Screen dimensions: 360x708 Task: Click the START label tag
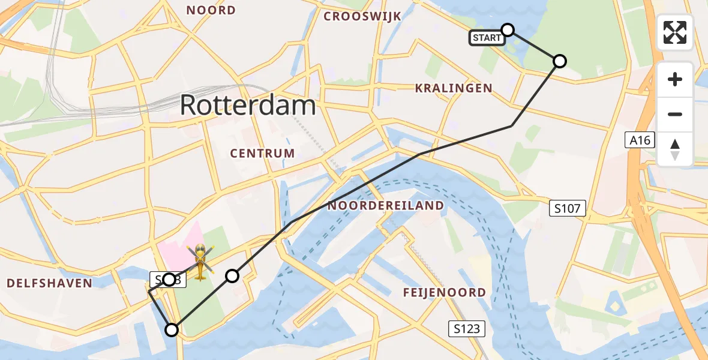pyautogui.click(x=487, y=38)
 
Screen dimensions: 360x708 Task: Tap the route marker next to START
pyautogui.click(x=508, y=29)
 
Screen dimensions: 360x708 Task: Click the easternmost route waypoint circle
pyautogui.click(x=559, y=61)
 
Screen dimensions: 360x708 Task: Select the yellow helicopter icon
pyautogui.click(x=200, y=262)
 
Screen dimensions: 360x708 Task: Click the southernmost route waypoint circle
pyautogui.click(x=172, y=329)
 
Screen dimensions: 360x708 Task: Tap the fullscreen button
pyautogui.click(x=675, y=32)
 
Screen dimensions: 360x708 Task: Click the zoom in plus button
pyautogui.click(x=675, y=79)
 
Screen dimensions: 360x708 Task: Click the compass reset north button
pyautogui.click(x=675, y=149)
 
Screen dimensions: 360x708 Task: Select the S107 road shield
pyautogui.click(x=567, y=209)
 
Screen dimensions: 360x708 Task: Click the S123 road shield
pyautogui.click(x=466, y=328)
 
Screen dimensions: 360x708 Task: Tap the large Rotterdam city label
pyautogui.click(x=248, y=106)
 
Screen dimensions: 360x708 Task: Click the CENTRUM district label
pyautogui.click(x=263, y=153)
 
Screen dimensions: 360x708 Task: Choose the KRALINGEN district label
pyautogui.click(x=454, y=88)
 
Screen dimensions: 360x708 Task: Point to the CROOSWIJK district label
pyautogui.click(x=362, y=16)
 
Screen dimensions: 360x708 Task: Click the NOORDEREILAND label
pyautogui.click(x=385, y=206)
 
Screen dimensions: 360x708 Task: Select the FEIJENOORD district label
pyautogui.click(x=445, y=292)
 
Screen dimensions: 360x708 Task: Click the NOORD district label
pyautogui.click(x=211, y=10)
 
